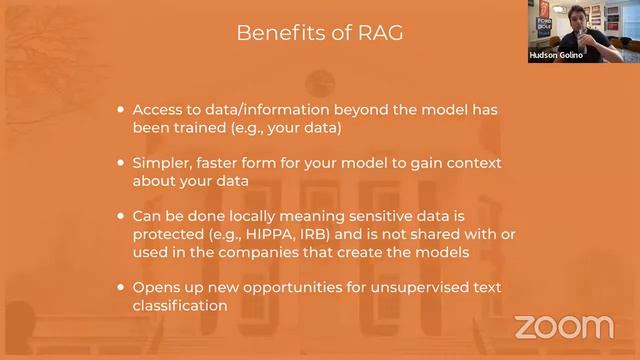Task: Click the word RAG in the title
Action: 382,33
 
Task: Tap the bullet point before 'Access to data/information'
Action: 122,110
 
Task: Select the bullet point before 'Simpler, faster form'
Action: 122,163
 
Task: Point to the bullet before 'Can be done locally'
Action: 122,216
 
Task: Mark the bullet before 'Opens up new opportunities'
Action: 122,288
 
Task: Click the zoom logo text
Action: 563,327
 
